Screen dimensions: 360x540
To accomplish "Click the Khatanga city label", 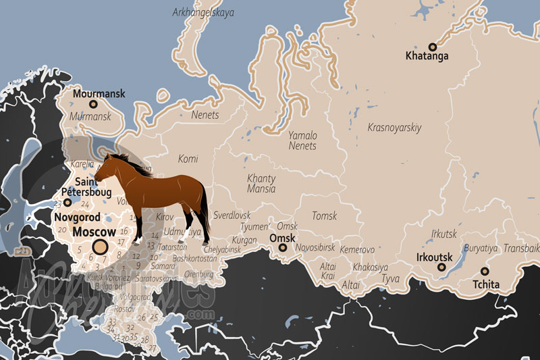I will (427, 56).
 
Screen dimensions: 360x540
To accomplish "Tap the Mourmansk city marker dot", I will (93, 105).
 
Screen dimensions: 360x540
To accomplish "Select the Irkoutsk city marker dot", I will (441, 267).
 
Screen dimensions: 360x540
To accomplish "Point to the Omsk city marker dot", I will (283, 248).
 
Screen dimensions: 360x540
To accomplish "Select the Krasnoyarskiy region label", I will (394, 127).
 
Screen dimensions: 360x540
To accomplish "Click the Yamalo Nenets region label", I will (302, 140).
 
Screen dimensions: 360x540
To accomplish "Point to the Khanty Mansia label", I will (261, 184).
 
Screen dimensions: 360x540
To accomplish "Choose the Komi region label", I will (188, 159).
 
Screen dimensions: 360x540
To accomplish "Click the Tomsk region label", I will (324, 216).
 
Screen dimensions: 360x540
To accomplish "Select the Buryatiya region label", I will (481, 249).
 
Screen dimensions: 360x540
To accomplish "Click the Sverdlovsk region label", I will (232, 215).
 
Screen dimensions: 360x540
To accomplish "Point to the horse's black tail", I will (204, 213).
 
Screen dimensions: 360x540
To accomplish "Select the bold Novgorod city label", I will (77, 217).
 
